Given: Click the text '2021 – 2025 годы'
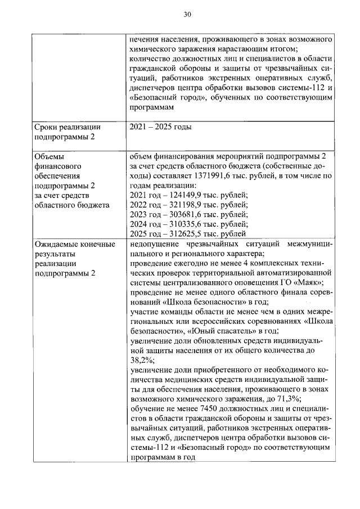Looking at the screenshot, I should coord(160,127).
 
